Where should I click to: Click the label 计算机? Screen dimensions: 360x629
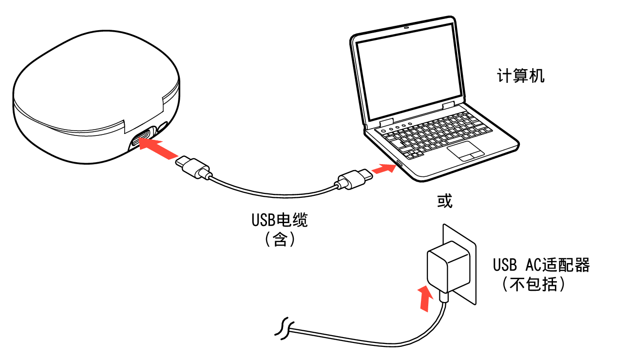tap(520, 76)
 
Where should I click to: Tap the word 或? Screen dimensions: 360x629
tap(444, 201)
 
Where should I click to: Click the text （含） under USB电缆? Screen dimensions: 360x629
tap(280, 240)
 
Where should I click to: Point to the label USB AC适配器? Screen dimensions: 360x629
tap(541, 265)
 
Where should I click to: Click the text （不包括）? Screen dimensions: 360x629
tap(534, 284)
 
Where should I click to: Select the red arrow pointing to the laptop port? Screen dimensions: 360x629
tap(382, 170)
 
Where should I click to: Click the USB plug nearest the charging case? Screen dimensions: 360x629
tap(194, 167)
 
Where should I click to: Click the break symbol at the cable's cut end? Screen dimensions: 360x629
tap(283, 330)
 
